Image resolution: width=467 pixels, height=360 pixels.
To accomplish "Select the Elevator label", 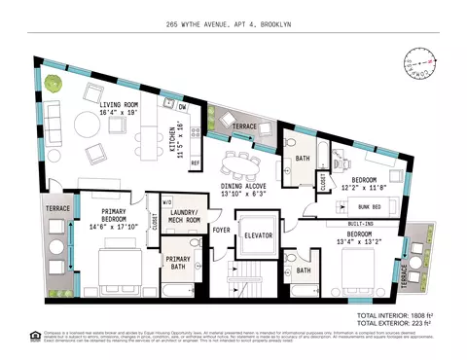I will point(258,236).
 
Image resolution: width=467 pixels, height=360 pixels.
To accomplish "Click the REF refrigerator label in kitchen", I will point(194,162).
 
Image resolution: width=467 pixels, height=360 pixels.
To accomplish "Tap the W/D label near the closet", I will point(154,203).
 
